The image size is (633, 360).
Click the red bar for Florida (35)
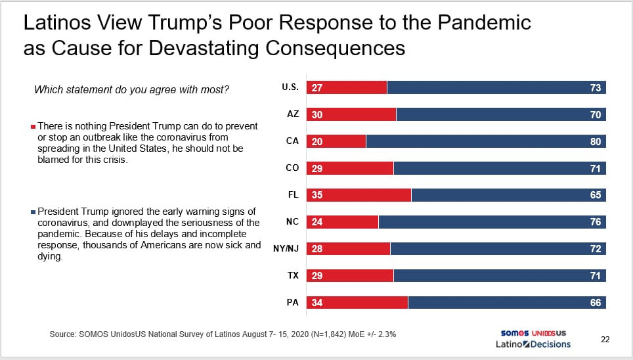coord(359,195)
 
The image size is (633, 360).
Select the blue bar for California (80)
coord(486,141)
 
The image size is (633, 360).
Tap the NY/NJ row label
coord(286,248)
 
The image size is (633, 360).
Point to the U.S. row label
coord(290,87)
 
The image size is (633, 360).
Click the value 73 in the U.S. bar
coord(596,87)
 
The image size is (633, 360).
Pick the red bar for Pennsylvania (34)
coord(357,303)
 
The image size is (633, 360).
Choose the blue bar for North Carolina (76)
coord(492,222)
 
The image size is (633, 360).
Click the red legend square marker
coord(33,127)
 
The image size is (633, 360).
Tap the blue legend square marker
coord(33,212)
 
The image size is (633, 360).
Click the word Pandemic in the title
coord(484,22)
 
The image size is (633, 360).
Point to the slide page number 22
coord(605,340)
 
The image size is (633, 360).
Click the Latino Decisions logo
coord(533,344)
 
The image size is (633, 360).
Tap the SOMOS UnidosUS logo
coord(533,333)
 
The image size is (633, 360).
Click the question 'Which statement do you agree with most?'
coord(131,90)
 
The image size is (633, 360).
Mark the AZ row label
coord(293,114)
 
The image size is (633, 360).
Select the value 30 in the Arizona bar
coord(317,115)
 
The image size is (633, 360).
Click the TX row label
coord(293,275)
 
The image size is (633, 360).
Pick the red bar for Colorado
coord(350,168)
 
